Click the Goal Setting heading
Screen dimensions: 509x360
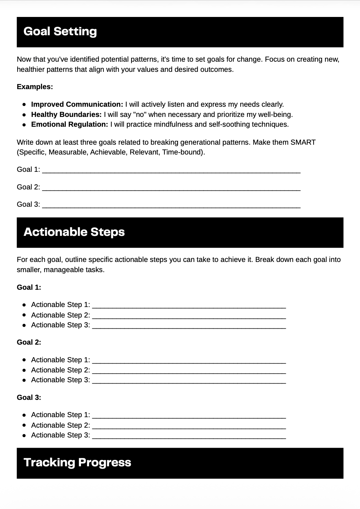click(60, 32)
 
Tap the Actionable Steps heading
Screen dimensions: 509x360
click(74, 232)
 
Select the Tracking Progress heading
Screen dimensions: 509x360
click(77, 463)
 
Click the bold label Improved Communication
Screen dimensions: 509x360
click(77, 104)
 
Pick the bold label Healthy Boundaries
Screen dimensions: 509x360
click(66, 115)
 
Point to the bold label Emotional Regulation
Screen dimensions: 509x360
click(69, 124)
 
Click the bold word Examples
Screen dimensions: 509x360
click(35, 87)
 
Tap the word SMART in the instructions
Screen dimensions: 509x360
click(303, 142)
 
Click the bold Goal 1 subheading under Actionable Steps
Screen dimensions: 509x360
click(29, 287)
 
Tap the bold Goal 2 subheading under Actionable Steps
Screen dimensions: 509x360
click(29, 342)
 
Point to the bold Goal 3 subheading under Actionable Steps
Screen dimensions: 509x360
click(29, 398)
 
